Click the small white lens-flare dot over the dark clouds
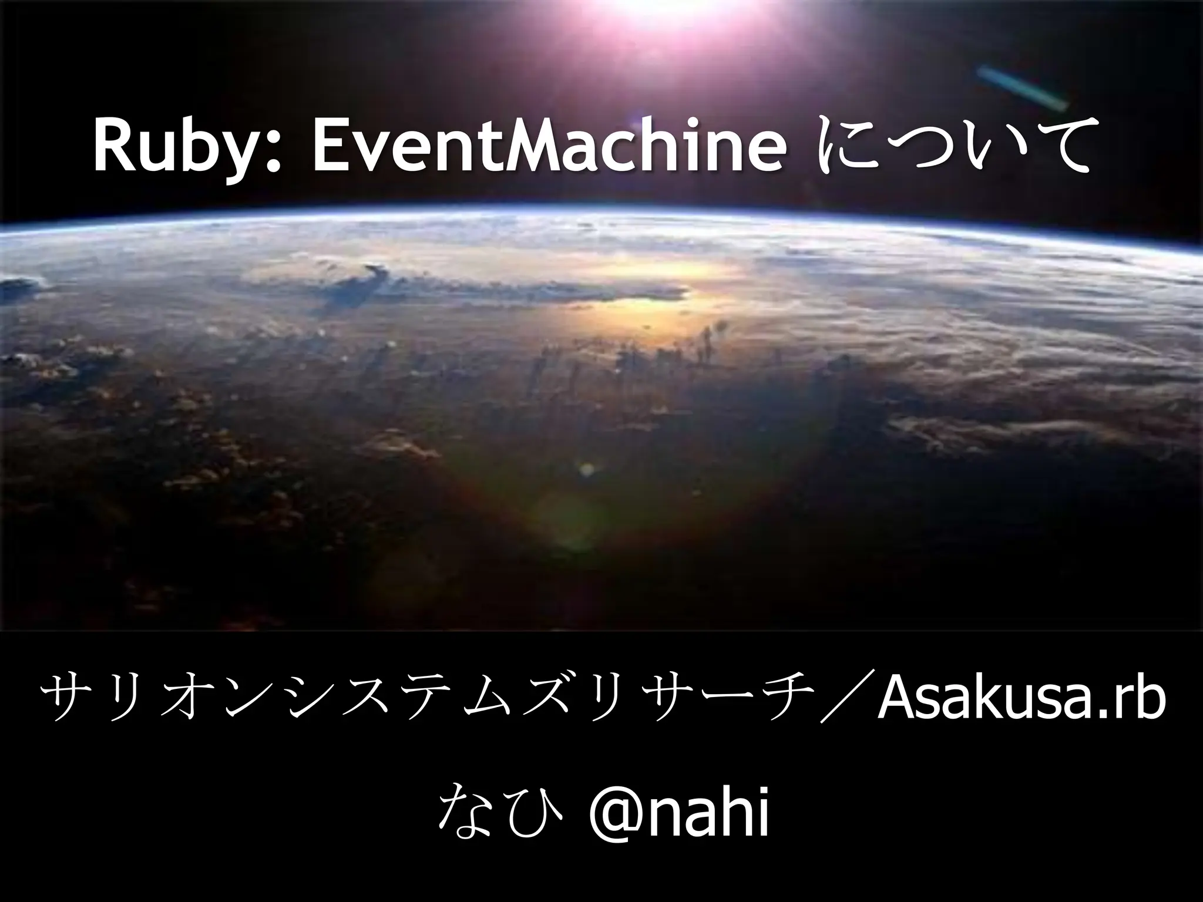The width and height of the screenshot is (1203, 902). (586, 469)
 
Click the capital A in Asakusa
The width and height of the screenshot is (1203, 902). (896, 703)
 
